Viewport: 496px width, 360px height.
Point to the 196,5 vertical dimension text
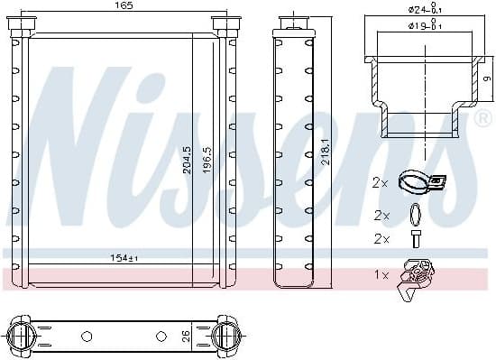click(x=207, y=161)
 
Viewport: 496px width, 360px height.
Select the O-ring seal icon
click(x=415, y=216)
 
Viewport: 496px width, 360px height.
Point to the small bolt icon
click(x=415, y=239)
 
